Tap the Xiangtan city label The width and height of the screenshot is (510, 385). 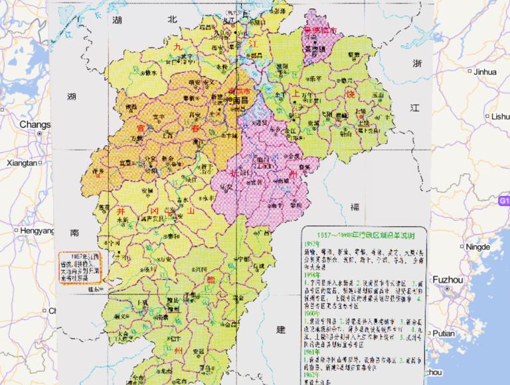20,162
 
